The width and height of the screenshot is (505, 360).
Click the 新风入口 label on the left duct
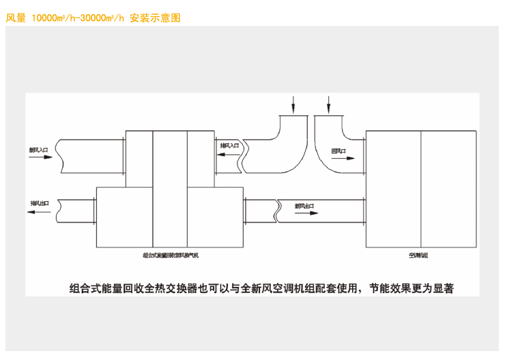pyautogui.click(x=38, y=149)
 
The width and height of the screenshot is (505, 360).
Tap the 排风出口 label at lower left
pyautogui.click(x=40, y=203)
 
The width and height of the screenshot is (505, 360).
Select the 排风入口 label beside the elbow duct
pyautogui.click(x=229, y=146)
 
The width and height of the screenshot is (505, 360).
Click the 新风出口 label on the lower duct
pyautogui.click(x=304, y=205)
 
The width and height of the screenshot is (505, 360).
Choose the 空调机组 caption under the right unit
pyautogui.click(x=418, y=255)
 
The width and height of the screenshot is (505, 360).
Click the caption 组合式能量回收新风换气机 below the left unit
pyautogui.click(x=170, y=255)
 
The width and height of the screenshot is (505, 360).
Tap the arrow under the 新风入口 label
pyautogui.click(x=40, y=157)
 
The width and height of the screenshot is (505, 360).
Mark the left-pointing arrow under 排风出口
pyautogui.click(x=40, y=212)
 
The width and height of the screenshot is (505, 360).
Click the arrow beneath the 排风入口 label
pyautogui.click(x=228, y=155)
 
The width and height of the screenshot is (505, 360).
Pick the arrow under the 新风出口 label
pyautogui.click(x=305, y=213)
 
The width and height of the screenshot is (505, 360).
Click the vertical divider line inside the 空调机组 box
pyautogui.click(x=421, y=188)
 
